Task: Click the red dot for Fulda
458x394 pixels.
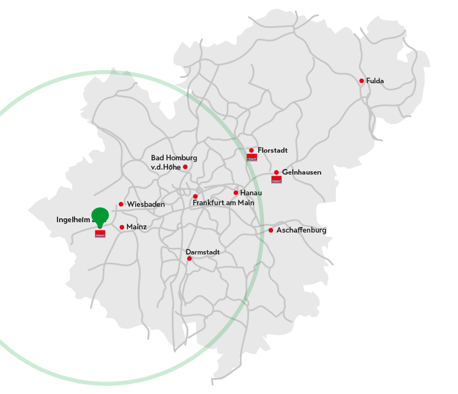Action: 361,81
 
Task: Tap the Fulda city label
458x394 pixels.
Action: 375,81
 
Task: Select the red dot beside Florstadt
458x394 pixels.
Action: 251,150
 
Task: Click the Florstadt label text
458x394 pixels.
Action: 273,150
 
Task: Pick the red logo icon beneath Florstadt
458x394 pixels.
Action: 252,158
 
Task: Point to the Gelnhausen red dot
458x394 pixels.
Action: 276,172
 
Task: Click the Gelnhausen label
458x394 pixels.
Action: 302,172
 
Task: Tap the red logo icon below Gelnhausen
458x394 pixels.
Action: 276,179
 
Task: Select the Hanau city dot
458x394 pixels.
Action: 236,193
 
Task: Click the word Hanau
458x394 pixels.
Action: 251,193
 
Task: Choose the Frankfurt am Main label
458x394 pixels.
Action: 223,203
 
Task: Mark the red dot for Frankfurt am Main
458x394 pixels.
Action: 195,196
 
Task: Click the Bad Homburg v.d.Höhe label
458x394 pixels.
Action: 173,163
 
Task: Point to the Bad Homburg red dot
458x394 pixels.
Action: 185,167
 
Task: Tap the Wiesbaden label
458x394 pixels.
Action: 146,205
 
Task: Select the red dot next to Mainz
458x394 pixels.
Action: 121,227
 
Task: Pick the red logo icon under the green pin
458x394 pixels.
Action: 100,234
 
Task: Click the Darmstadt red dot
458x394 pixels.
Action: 189,258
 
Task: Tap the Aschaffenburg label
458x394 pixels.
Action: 301,230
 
